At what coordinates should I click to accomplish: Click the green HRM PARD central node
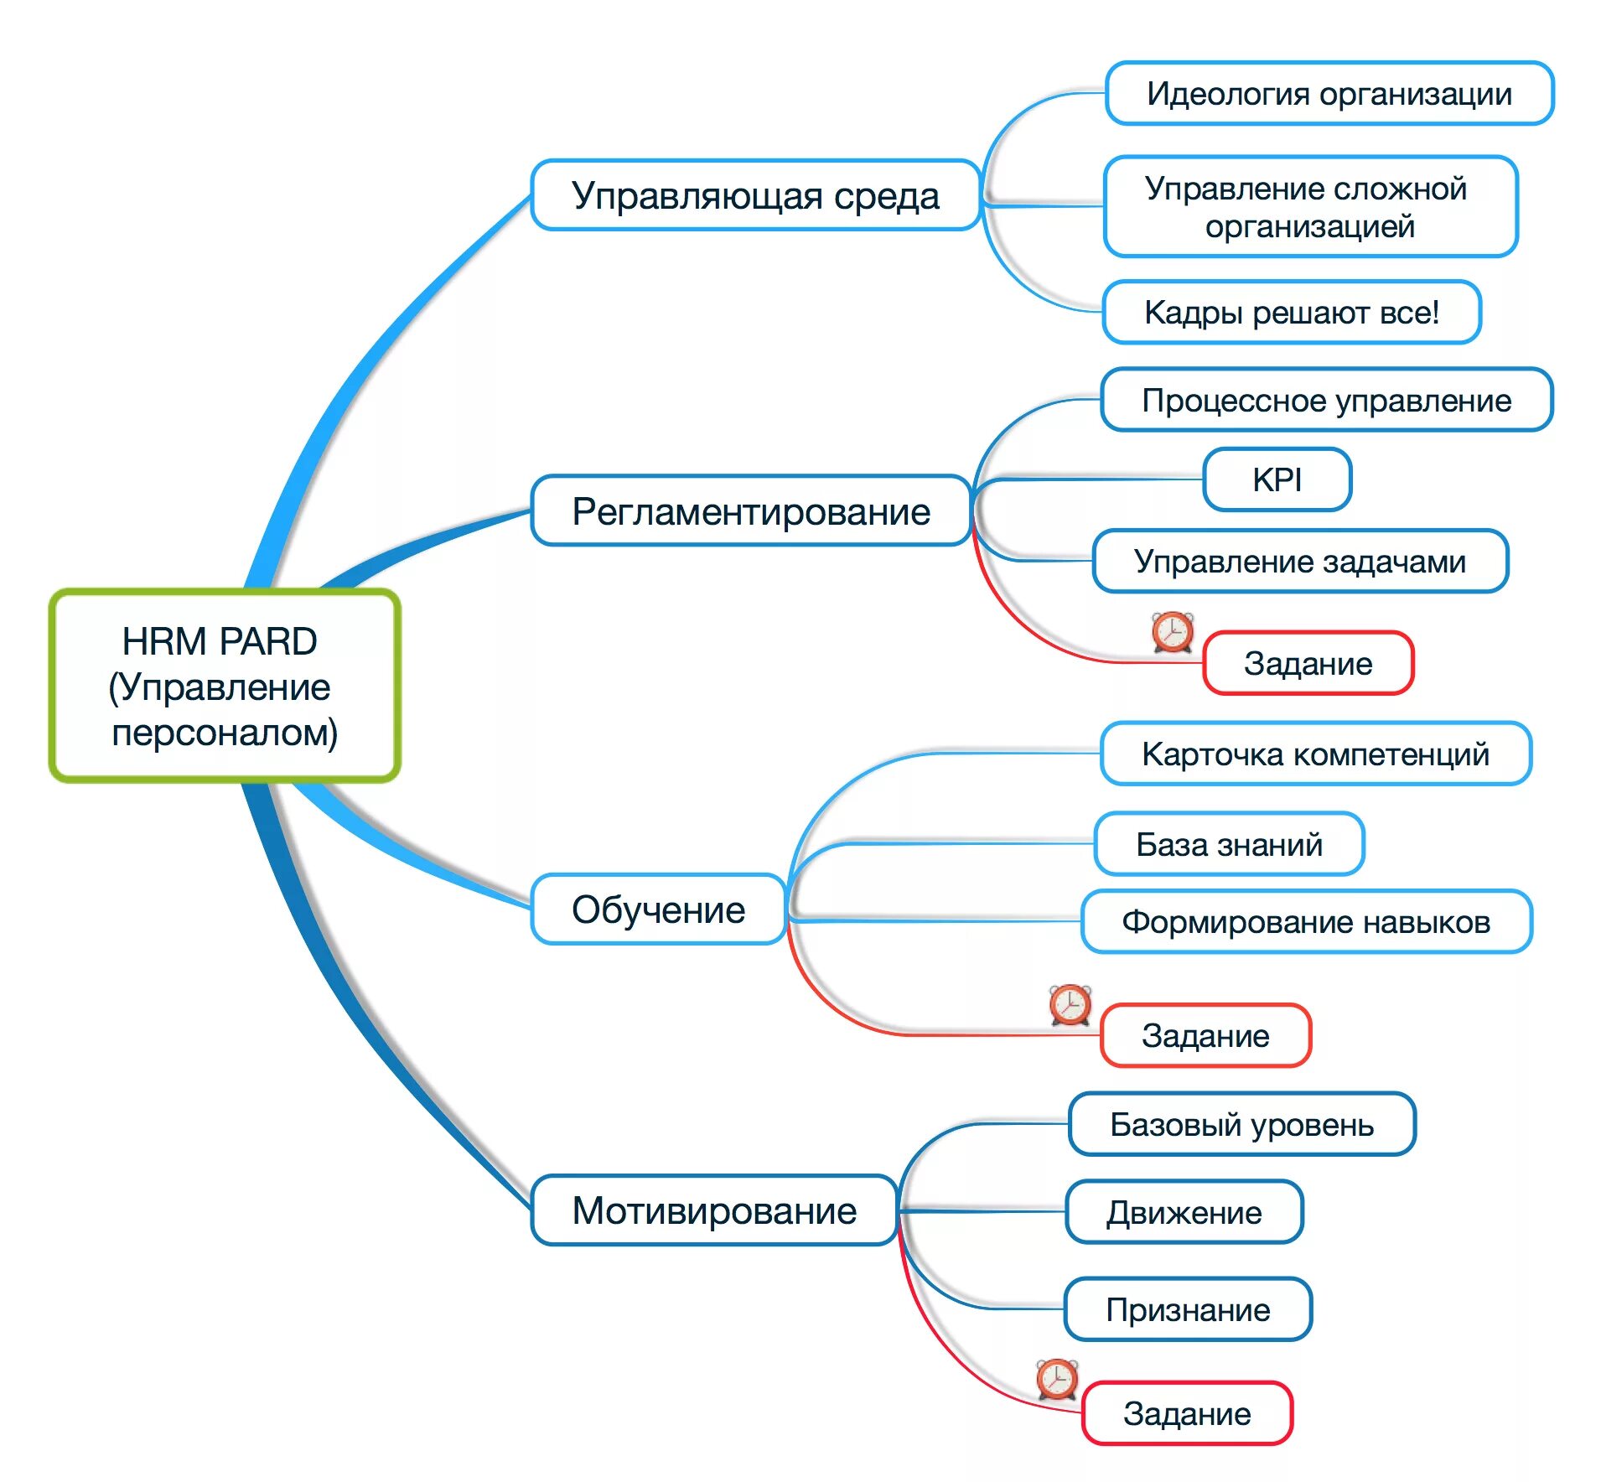pos(224,686)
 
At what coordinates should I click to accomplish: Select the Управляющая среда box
pos(755,195)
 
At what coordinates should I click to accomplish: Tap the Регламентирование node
pos(751,510)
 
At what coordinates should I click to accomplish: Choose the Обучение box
pos(659,909)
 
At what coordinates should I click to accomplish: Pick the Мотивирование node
pos(714,1210)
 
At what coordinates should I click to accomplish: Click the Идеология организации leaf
pos(1329,93)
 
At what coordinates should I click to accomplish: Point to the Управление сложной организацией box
pos(1309,206)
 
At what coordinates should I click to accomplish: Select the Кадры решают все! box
pos(1291,312)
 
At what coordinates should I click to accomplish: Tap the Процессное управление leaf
pos(1326,400)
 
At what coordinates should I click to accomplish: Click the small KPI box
pos(1277,479)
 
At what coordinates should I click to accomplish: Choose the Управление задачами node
pos(1300,561)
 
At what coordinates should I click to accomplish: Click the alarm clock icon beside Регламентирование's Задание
pos(1172,631)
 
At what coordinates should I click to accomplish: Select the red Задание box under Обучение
pos(1205,1035)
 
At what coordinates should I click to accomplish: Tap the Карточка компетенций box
pos(1315,754)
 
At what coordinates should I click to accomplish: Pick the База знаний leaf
pos(1229,844)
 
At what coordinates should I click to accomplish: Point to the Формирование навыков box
pos(1306,921)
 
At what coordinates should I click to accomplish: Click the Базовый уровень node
pos(1241,1123)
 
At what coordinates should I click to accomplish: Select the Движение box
pos(1184,1212)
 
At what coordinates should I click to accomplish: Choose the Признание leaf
pos(1188,1309)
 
